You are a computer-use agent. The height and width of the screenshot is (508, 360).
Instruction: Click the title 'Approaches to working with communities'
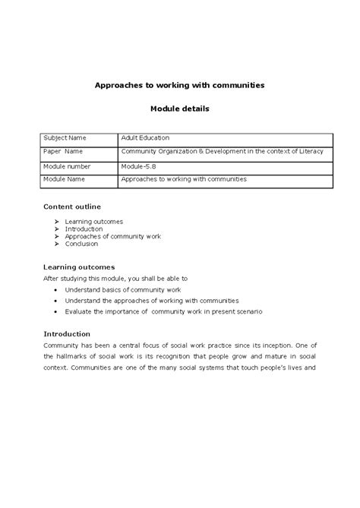pyautogui.click(x=179, y=86)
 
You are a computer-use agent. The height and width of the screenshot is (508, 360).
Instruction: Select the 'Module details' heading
pyautogui.click(x=179, y=109)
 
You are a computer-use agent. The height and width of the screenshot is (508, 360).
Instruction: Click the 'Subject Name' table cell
pyautogui.click(x=65, y=138)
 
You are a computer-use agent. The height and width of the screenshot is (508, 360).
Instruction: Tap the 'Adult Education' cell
pyautogui.click(x=145, y=138)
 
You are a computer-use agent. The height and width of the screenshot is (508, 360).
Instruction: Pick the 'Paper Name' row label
pyautogui.click(x=63, y=152)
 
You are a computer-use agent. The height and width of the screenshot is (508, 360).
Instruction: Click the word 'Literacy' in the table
pyautogui.click(x=310, y=152)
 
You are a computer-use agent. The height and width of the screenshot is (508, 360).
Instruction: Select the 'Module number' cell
pyautogui.click(x=68, y=166)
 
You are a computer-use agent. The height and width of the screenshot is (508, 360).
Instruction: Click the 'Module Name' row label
pyautogui.click(x=65, y=180)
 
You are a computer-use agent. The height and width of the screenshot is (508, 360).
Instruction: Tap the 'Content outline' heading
pyautogui.click(x=72, y=207)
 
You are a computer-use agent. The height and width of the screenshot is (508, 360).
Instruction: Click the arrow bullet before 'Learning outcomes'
pyautogui.click(x=57, y=222)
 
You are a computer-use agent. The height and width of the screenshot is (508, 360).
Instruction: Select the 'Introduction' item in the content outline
pyautogui.click(x=84, y=229)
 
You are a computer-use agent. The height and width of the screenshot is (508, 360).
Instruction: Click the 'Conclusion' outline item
pyautogui.click(x=81, y=245)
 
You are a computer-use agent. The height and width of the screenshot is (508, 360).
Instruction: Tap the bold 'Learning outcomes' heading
pyautogui.click(x=79, y=267)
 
